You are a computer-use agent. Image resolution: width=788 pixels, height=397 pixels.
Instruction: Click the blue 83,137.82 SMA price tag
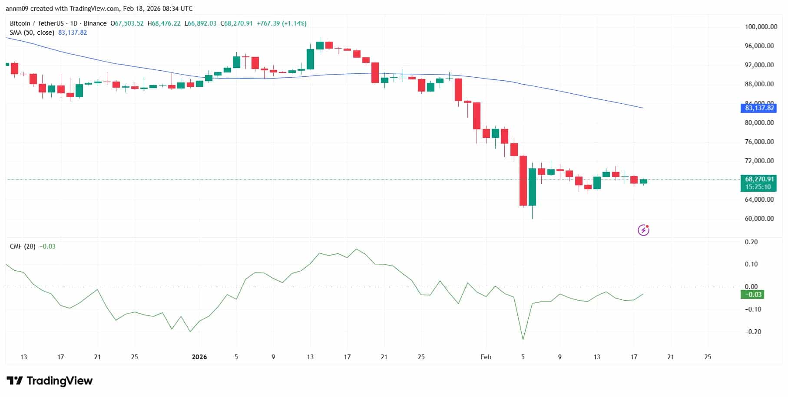point(759,108)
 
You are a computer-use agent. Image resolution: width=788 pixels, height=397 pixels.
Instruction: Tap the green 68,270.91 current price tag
point(759,179)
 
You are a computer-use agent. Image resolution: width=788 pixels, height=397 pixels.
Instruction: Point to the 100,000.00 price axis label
point(761,27)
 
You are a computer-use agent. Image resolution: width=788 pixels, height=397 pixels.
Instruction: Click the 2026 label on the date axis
point(199,357)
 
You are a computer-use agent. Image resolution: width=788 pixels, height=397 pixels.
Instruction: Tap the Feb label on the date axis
point(486,357)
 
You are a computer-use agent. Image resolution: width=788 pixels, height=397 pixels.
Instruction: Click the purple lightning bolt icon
point(643,230)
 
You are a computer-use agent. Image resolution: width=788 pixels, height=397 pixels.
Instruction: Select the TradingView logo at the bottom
point(50,381)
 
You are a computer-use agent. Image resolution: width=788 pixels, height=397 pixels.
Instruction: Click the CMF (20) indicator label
point(23,246)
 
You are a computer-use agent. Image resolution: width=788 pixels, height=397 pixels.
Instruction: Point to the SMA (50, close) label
point(32,33)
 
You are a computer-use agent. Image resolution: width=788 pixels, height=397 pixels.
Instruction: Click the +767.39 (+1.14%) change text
point(281,23)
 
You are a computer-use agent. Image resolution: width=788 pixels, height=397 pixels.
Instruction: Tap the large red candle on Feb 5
point(523,180)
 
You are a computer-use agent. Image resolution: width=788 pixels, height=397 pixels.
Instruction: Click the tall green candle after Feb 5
point(532,187)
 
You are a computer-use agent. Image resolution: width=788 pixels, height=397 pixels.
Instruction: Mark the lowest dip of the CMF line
point(523,340)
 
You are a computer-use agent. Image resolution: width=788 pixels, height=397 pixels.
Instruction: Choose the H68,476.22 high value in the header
point(164,23)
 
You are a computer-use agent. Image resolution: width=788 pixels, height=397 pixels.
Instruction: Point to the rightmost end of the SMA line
point(643,108)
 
